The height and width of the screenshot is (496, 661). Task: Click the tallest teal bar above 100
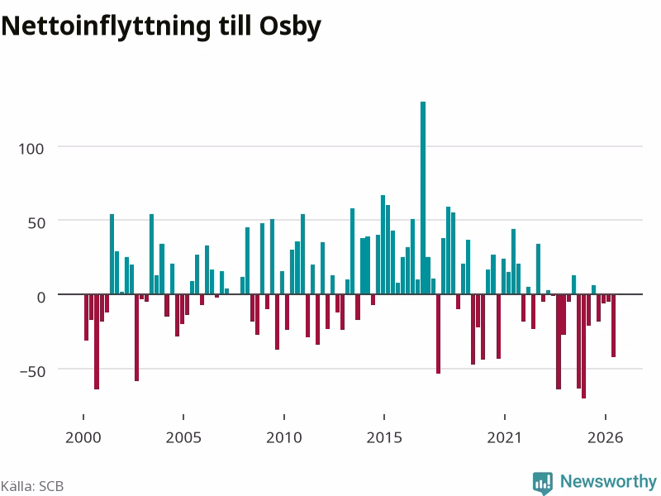[x=423, y=198]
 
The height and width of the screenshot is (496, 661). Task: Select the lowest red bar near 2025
[x=583, y=346]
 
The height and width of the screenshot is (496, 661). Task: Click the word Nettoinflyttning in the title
[x=106, y=27]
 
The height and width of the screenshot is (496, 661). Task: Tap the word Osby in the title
[x=290, y=27]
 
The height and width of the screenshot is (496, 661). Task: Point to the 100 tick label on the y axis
[x=31, y=149]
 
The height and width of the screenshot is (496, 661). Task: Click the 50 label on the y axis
[x=36, y=223]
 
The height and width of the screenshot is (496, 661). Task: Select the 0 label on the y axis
[x=40, y=298]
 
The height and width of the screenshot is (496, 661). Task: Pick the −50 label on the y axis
[x=32, y=371]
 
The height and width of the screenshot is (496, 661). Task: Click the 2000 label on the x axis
[x=83, y=437]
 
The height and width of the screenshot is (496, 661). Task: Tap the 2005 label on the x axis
[x=183, y=437]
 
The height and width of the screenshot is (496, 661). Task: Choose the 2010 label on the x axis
[x=284, y=437]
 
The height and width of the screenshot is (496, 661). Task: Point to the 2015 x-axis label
[x=384, y=437]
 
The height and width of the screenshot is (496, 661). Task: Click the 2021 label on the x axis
[x=505, y=437]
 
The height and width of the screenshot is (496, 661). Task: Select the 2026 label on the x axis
[x=606, y=437]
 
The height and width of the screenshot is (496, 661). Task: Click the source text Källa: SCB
[x=32, y=486]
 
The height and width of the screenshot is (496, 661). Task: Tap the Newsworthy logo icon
[x=543, y=483]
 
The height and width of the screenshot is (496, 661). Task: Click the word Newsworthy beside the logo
[x=608, y=481]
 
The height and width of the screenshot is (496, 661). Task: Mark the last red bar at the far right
[x=613, y=326]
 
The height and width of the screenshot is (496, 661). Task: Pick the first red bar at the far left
[x=87, y=317]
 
